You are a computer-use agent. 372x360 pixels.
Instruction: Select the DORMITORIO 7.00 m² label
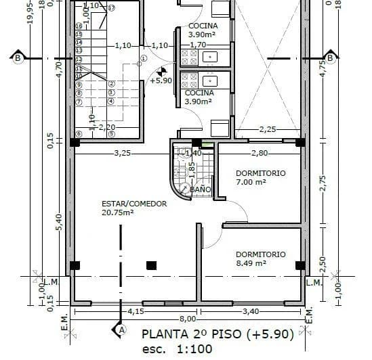click(260, 173)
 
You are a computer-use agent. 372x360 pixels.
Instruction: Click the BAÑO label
click(201, 190)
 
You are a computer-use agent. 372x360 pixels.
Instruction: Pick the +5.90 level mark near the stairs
click(161, 80)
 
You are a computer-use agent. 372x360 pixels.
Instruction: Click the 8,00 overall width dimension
click(188, 318)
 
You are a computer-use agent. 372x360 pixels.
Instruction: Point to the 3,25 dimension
click(123, 153)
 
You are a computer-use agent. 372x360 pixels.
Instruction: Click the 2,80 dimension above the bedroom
click(261, 153)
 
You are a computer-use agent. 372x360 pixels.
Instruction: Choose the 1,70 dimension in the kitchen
click(197, 45)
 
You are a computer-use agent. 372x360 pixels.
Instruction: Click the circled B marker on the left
click(17, 58)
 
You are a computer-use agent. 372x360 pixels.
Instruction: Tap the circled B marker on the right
click(330, 58)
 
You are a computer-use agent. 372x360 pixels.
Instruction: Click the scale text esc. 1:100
click(177, 349)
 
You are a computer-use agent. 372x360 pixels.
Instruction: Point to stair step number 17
click(111, 7)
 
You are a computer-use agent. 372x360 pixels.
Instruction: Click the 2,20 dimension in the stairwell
click(107, 127)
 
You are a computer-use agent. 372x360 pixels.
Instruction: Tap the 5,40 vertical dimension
click(59, 222)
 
